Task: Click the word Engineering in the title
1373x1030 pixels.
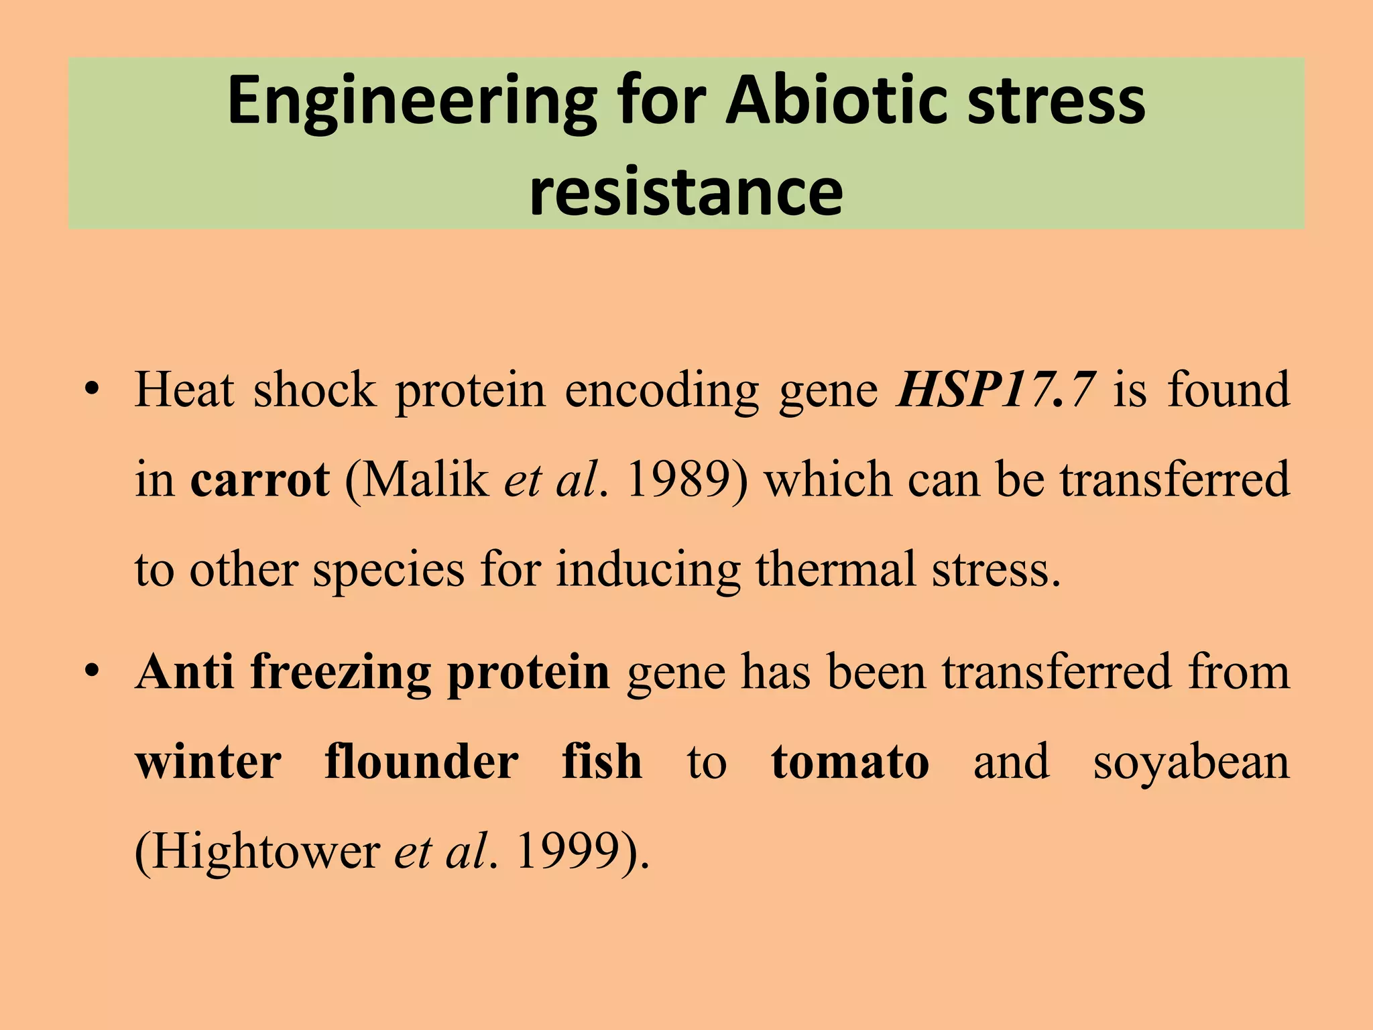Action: [412, 102]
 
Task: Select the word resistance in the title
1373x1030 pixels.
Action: [686, 192]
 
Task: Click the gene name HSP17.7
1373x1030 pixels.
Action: [997, 390]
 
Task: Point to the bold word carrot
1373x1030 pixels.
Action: [260, 480]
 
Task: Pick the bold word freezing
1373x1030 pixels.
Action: [341, 673]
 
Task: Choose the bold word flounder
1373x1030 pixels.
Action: [421, 762]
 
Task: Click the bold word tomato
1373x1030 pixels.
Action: [850, 762]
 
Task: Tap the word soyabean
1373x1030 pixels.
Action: [1191, 763]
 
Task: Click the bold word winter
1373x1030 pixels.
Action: [208, 762]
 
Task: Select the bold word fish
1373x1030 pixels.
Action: [602, 762]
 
